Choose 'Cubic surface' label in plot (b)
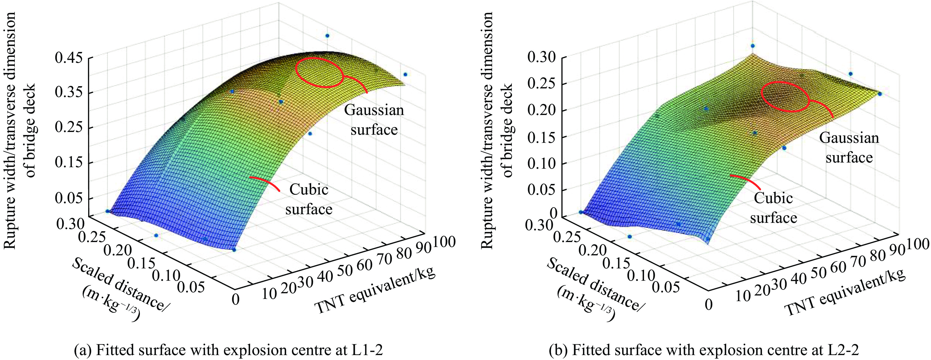(773, 208)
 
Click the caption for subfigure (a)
(228, 350)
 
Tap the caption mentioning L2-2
(703, 350)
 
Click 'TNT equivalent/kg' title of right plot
(846, 293)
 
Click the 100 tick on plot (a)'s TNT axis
(445, 242)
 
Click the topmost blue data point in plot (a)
(327, 36)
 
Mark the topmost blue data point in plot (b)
(753, 46)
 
